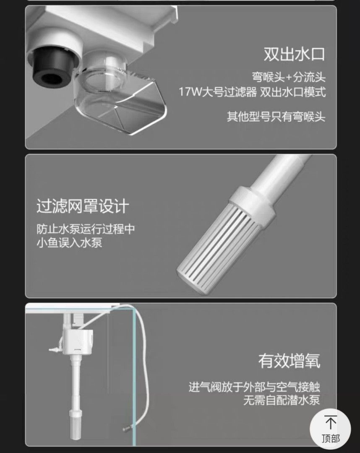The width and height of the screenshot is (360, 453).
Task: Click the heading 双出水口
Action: point(294,54)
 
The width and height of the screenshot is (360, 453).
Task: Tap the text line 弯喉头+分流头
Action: point(289,77)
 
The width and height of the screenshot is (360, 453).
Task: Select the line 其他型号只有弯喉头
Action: point(276,117)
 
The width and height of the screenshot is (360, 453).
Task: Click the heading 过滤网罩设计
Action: point(83,206)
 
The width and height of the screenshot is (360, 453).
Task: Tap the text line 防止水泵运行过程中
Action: point(86,229)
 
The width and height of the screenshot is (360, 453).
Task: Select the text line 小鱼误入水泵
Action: point(69,242)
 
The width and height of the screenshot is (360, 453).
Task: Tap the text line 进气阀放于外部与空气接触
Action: point(254,387)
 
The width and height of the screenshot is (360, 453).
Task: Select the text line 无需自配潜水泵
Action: point(282,400)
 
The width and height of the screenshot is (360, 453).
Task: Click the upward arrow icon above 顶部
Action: point(331,422)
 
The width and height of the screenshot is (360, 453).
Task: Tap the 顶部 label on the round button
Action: point(331,439)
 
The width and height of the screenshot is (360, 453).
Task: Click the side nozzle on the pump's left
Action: point(55,350)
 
